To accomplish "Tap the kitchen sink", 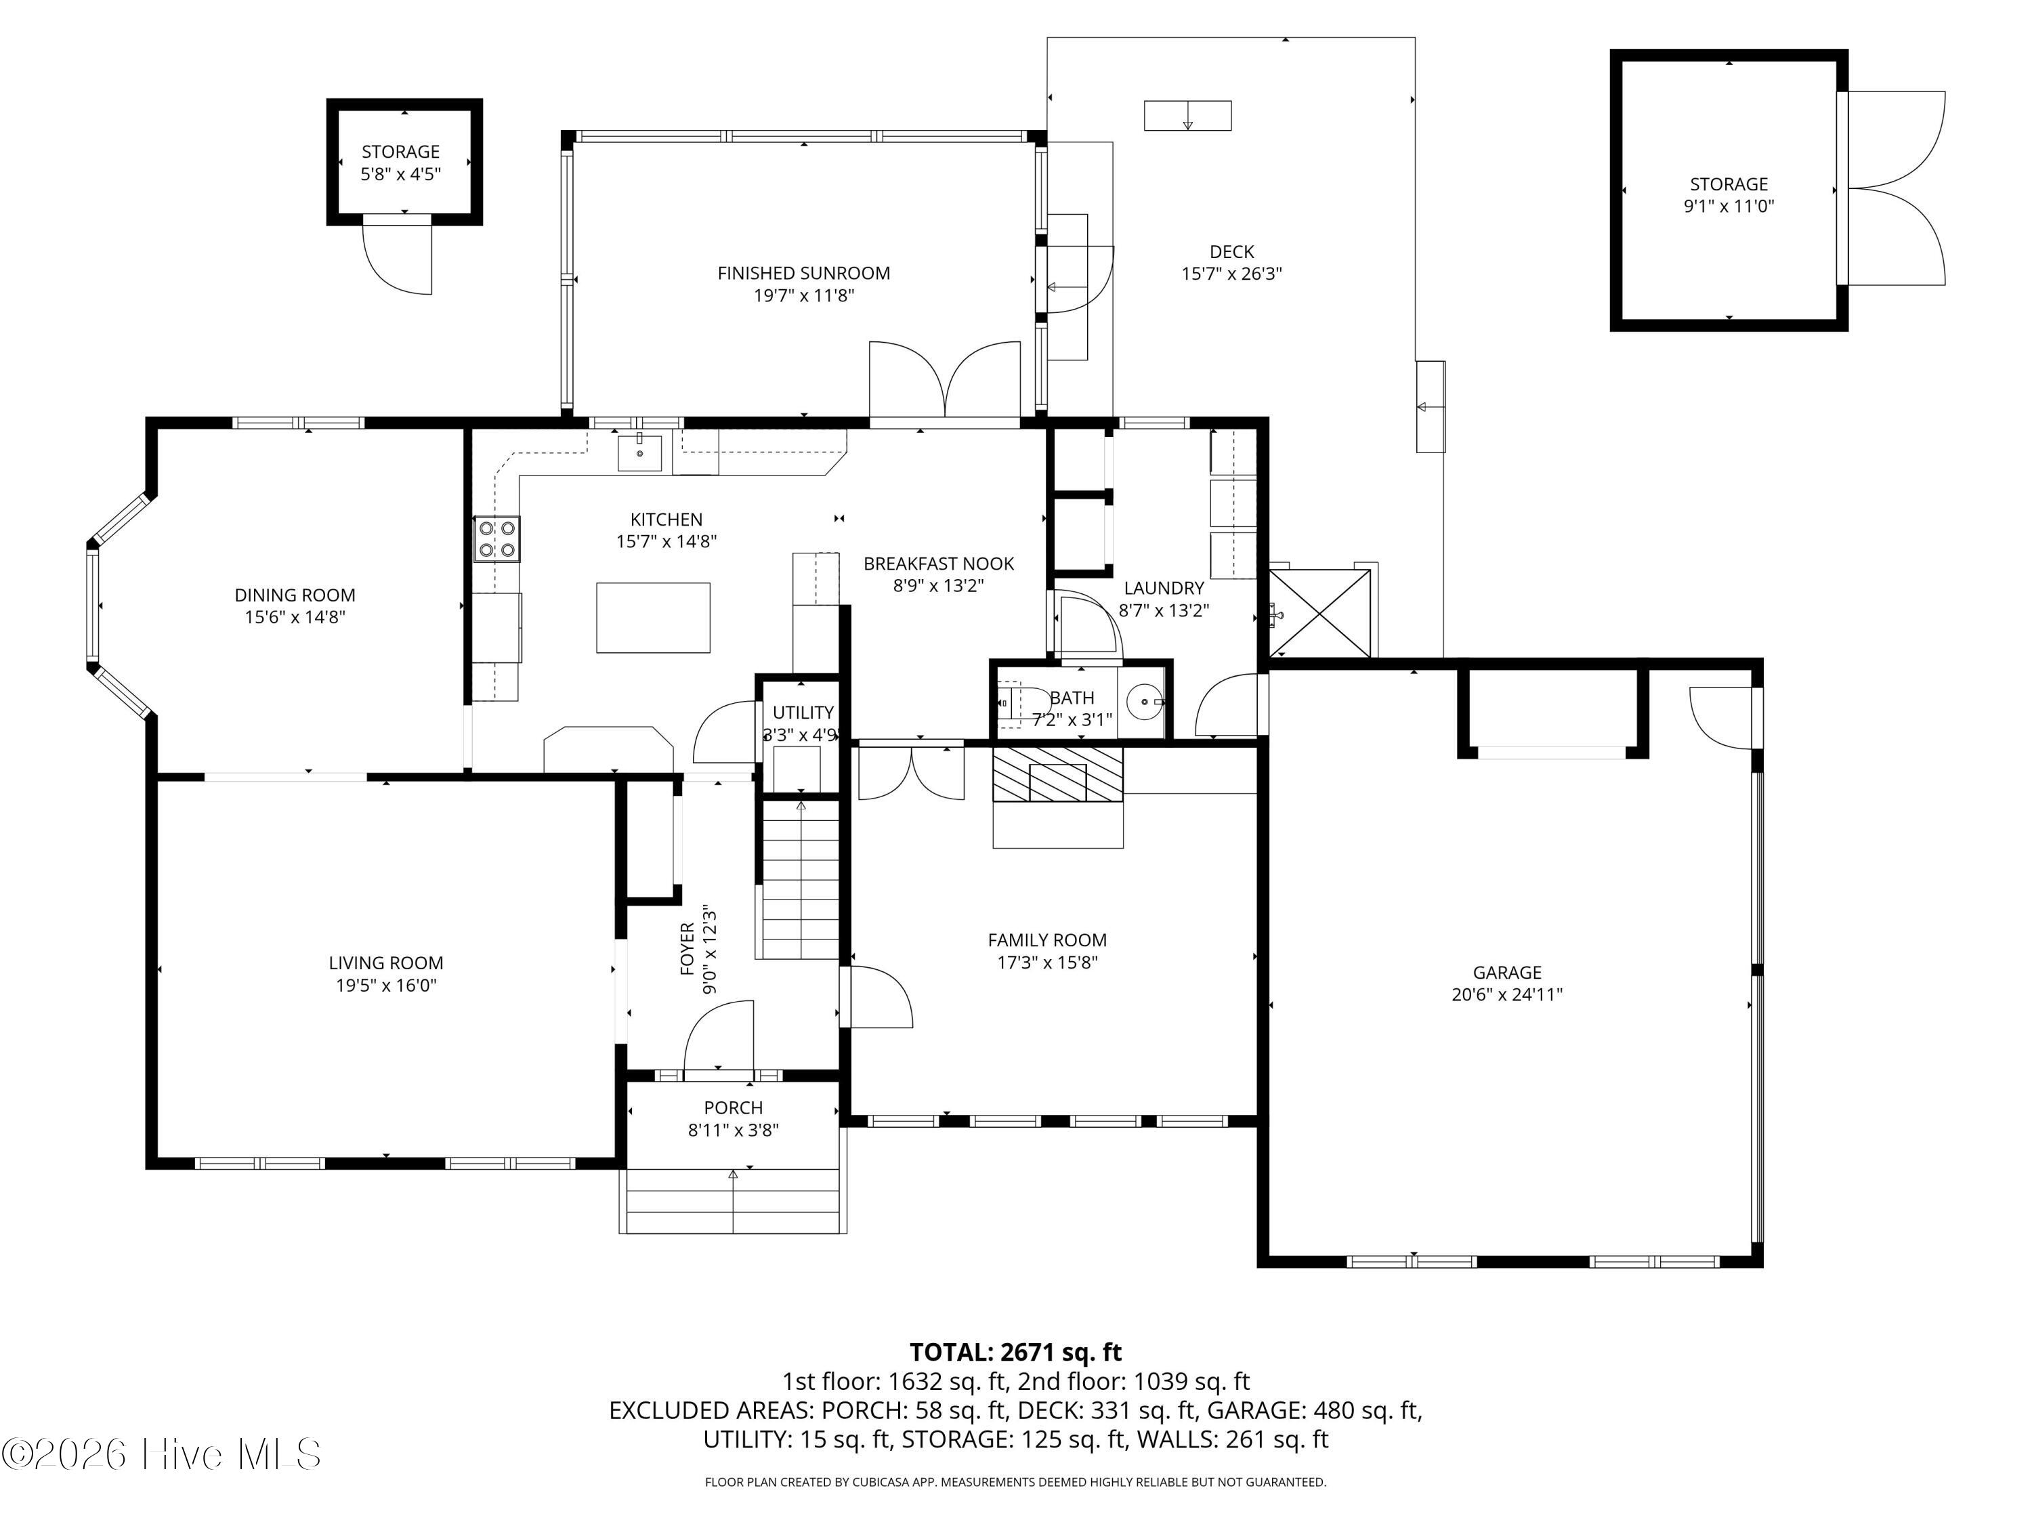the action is pos(639,453).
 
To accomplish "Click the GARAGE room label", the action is pos(1506,972).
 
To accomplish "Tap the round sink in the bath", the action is pos(1145,703).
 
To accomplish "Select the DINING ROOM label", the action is pos(295,595).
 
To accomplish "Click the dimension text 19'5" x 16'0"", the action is pos(386,986).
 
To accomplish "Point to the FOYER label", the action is pos(687,948).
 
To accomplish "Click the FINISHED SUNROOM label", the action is pos(804,273).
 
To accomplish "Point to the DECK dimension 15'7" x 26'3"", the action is pos(1232,274).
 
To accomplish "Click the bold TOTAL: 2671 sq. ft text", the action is pos(1015,1352).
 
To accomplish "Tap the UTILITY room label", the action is pos(803,713).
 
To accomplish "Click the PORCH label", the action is pos(733,1108).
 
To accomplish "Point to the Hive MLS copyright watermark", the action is pos(162,1454).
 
